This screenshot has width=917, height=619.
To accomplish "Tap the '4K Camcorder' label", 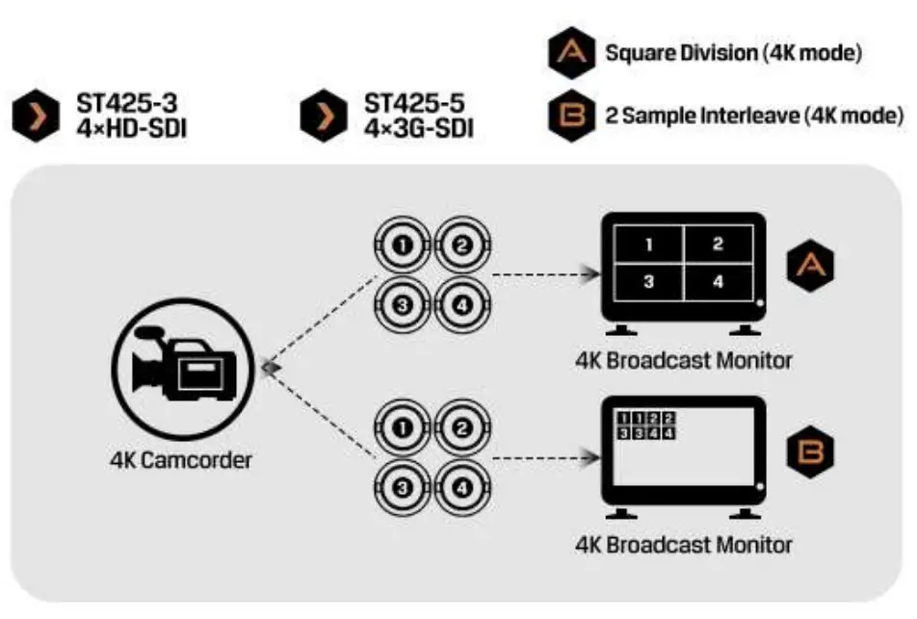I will (180, 459).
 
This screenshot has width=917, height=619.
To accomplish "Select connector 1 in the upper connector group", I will (403, 246).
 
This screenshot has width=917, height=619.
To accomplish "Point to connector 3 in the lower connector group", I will (403, 488).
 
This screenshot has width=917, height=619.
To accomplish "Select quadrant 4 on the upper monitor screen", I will (718, 282).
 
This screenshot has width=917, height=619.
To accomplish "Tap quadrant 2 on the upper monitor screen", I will (718, 245).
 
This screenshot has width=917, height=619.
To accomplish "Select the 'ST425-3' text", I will (120, 102).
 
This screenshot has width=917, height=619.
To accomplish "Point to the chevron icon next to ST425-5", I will (325, 116).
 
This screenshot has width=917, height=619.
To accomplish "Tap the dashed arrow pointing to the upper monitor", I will (543, 275).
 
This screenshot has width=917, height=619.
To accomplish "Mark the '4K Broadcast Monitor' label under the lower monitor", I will (684, 544).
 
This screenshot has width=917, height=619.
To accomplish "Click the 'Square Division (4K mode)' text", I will (732, 53).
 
